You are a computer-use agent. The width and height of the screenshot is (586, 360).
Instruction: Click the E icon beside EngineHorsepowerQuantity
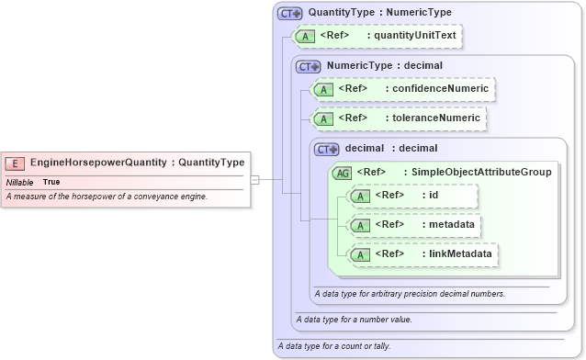pos(15,163)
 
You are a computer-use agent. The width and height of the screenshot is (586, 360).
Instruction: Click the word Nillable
pos(19,182)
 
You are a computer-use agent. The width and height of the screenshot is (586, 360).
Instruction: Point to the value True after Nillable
pos(51,182)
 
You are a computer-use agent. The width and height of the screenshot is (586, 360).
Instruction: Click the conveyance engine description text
pos(107,197)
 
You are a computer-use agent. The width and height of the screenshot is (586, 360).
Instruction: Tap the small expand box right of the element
pos(255,180)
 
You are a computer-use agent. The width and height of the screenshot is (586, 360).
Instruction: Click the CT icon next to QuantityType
pos(290,14)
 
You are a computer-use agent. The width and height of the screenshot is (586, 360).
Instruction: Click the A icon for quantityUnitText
pos(302,37)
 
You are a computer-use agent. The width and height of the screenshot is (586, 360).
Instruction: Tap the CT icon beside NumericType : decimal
pos(307,66)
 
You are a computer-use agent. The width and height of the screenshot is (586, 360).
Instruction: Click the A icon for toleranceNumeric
pos(322,118)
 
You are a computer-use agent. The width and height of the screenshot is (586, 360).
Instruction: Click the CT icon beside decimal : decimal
pos(327,149)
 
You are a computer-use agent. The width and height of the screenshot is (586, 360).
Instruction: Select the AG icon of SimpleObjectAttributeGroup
pos(342,173)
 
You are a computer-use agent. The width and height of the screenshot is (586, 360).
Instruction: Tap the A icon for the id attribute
pos(361,196)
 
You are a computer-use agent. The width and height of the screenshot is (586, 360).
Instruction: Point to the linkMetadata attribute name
pos(456,253)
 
